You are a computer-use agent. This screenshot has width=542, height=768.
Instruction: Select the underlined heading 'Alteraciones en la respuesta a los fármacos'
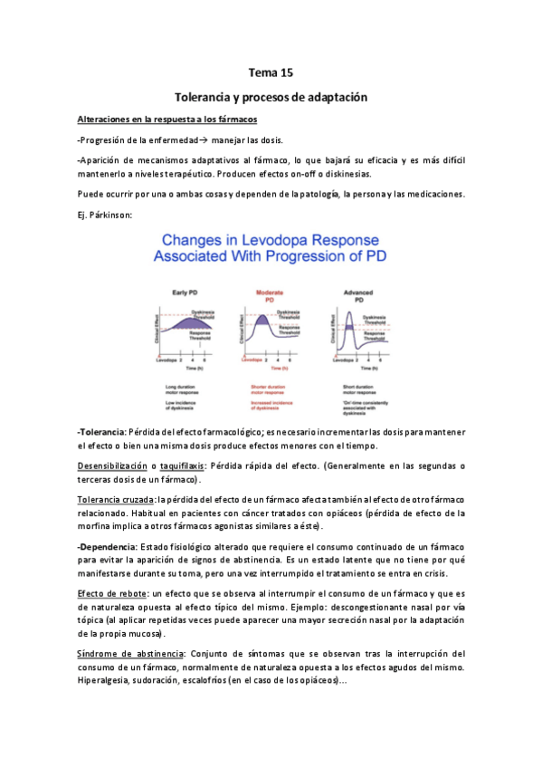tap(167, 120)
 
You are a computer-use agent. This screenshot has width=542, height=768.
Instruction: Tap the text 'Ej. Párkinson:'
tap(105, 214)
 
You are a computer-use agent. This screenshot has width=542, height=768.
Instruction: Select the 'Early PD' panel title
tap(185, 293)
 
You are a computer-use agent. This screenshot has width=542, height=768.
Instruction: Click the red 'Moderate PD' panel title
tap(269, 295)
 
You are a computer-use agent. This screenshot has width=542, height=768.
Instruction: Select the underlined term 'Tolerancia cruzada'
tap(116, 499)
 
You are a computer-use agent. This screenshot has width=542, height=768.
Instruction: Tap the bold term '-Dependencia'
tap(106, 547)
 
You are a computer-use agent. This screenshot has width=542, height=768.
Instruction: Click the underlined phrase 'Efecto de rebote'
tap(110, 593)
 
